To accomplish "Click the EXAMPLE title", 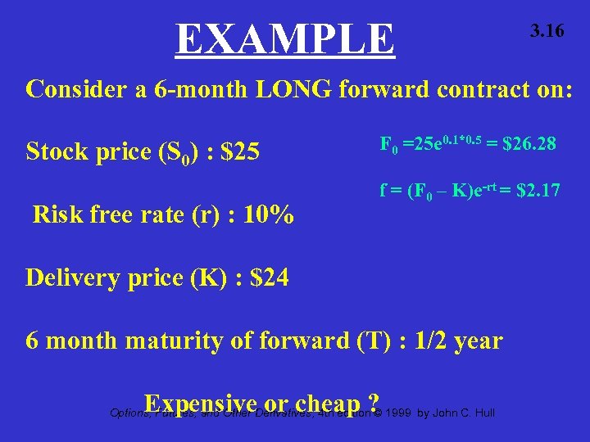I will (x=284, y=38).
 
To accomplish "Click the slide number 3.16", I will (x=547, y=32).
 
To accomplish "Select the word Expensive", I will (x=201, y=404).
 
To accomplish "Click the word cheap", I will (x=324, y=404).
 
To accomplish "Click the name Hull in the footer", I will (x=483, y=411).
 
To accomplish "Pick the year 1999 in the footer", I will (x=398, y=411).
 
